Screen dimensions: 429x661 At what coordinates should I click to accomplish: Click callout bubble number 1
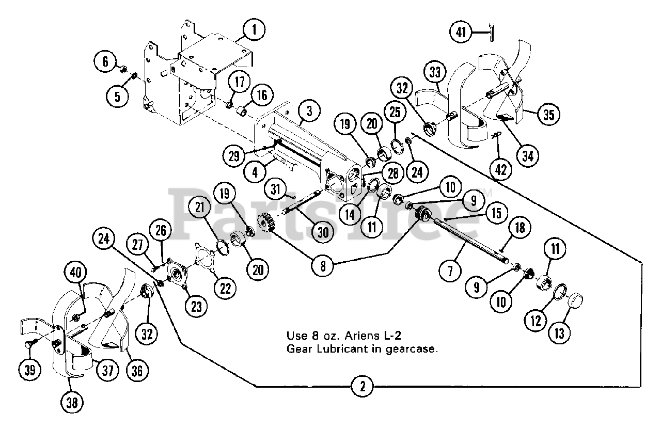(x=254, y=31)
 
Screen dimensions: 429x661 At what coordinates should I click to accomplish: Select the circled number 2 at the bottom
(x=363, y=386)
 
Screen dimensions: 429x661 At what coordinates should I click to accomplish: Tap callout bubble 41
(x=460, y=33)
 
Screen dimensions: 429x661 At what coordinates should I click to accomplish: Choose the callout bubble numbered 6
(x=105, y=62)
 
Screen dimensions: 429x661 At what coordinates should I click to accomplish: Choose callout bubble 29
(x=234, y=155)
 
